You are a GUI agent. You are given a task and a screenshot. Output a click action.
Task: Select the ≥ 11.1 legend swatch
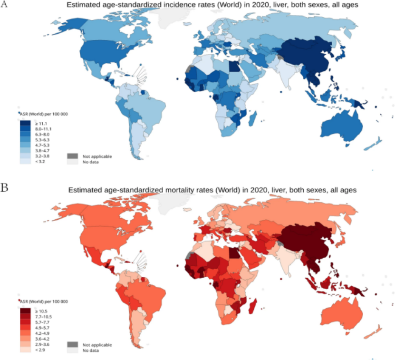[x=26, y=123]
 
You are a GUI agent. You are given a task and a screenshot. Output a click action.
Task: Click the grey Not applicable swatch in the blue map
[x=72, y=156]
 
